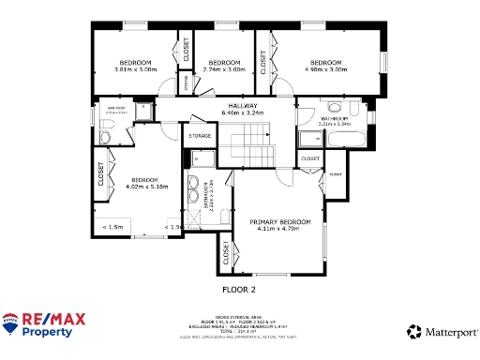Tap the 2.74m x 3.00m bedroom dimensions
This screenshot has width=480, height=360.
tap(224, 69)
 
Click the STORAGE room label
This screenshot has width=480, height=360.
tap(200, 137)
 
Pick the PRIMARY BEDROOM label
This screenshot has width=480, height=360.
tap(277, 221)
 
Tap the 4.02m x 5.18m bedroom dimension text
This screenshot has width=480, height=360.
tap(145, 186)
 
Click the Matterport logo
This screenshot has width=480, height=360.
tap(438, 331)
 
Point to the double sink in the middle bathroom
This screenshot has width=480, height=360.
tap(196, 183)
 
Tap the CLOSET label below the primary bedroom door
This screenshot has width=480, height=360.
tap(225, 252)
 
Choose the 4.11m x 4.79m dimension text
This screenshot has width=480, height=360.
tap(277, 229)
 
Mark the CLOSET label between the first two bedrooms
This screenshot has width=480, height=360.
tap(186, 49)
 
